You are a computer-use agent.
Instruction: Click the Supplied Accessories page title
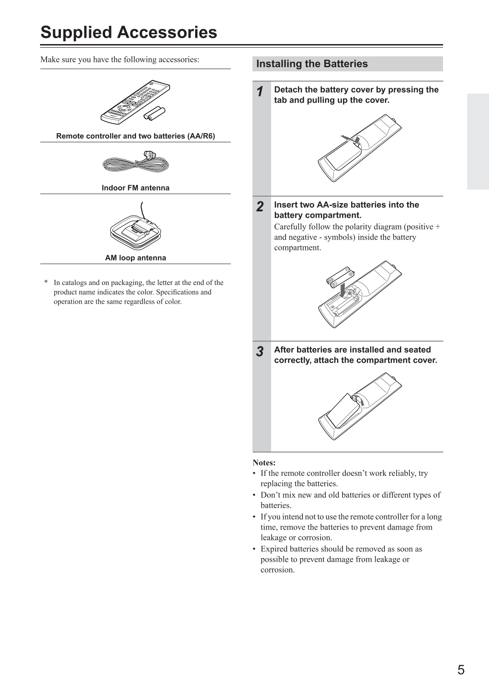pyautogui.click(x=129, y=33)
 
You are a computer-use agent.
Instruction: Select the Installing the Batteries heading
pyautogui.click(x=312, y=64)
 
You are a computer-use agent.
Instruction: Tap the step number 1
pyautogui.click(x=259, y=92)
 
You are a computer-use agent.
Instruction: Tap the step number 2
pyautogui.click(x=259, y=207)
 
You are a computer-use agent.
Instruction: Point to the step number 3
pyautogui.click(x=259, y=352)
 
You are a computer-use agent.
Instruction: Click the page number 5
pyautogui.click(x=461, y=670)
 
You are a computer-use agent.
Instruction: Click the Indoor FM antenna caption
pyautogui.click(x=135, y=188)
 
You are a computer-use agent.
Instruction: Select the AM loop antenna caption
pyautogui.click(x=135, y=258)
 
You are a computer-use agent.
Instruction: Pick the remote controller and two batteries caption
pyautogui.click(x=135, y=136)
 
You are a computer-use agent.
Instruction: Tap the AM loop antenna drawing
pyautogui.click(x=135, y=230)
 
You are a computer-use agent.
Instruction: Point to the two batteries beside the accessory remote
pyautogui.click(x=155, y=114)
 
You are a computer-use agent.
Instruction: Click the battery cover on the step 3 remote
pyautogui.click(x=342, y=410)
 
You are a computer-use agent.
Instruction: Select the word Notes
pyautogui.click(x=264, y=463)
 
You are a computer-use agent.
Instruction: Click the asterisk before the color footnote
pyautogui.click(x=46, y=283)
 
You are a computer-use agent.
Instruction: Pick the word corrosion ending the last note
pyautogui.click(x=277, y=570)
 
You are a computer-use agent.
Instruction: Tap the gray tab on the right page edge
pyautogui.click(x=477, y=141)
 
